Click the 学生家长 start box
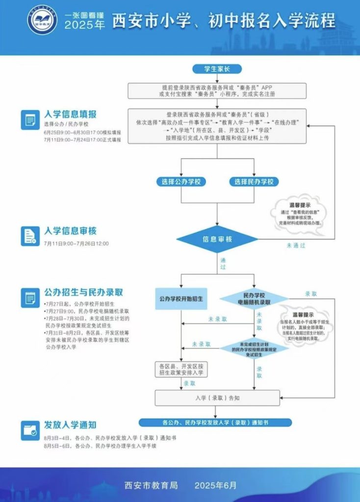pyautogui.click(x=217, y=69)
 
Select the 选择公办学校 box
pyautogui.click(x=181, y=182)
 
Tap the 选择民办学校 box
pyautogui.click(x=254, y=182)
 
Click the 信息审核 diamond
pyautogui.click(x=217, y=240)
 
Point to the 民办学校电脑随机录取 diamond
pyautogui.click(x=255, y=299)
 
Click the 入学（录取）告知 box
pyautogui.click(x=217, y=398)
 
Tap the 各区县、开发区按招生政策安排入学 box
pyautogui.click(x=181, y=370)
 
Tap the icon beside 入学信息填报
pyautogui.click(x=30, y=120)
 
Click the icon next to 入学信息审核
pyautogui.click(x=30, y=235)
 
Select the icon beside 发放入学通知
pyautogui.click(x=30, y=430)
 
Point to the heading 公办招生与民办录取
pyautogui.click(x=83, y=293)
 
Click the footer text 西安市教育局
pyautogui.click(x=151, y=485)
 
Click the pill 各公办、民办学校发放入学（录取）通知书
pyautogui.click(x=217, y=422)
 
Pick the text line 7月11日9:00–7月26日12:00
pyautogui.click(x=76, y=243)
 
